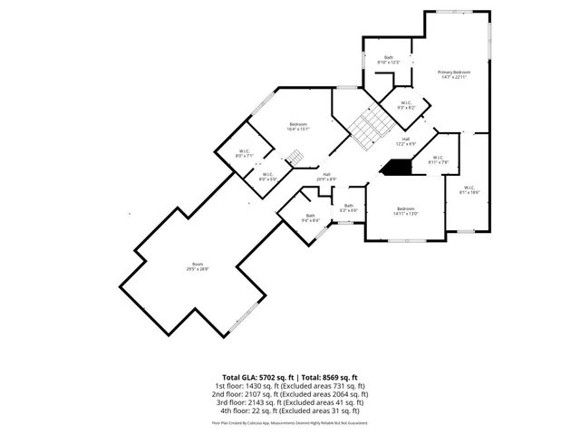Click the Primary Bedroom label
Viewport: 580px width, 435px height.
pos(454,74)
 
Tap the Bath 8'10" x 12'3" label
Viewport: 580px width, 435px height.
pos(389,60)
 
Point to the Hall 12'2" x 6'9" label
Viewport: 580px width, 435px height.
pos(404,141)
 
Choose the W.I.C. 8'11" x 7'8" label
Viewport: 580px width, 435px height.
pos(439,160)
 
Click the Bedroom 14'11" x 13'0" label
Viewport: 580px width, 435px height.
pos(405,211)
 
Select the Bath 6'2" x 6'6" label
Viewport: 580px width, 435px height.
pos(349,208)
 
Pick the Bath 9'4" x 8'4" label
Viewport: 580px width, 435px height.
pos(311,217)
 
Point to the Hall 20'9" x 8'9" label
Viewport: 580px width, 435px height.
pos(326,177)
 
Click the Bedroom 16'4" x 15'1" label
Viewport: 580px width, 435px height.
pos(298,126)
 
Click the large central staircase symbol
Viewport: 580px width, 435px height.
pos(368,127)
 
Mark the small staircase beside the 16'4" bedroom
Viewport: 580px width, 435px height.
pos(295,160)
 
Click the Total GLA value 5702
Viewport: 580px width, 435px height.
pos(271,377)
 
